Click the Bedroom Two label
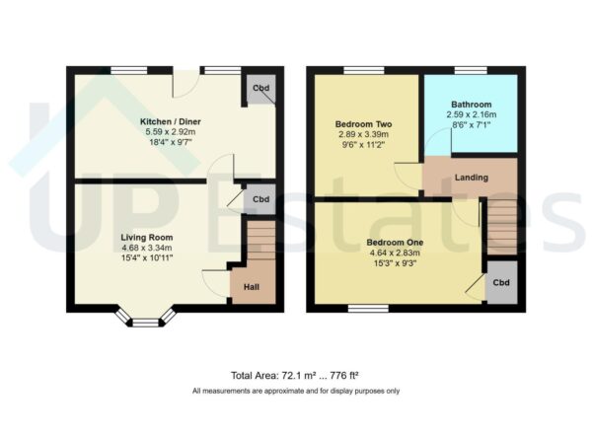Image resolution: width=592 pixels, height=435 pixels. pyautogui.click(x=363, y=124)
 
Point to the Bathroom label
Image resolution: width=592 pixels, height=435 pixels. pyautogui.click(x=471, y=105)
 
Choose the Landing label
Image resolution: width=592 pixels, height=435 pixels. pyautogui.click(x=469, y=178)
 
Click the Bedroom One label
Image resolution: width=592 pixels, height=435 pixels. pyautogui.click(x=395, y=242)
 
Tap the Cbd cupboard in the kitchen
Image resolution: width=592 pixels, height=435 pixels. pyautogui.click(x=260, y=90)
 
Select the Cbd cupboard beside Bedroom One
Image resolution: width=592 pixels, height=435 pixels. pyautogui.click(x=501, y=283)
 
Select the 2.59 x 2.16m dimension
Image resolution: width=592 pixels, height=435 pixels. pyautogui.click(x=471, y=114)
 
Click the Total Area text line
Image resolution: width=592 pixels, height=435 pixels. pyautogui.click(x=295, y=377)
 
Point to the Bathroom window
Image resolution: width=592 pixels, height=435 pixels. pyautogui.click(x=470, y=69)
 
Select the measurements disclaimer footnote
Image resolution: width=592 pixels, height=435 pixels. pyautogui.click(x=295, y=392)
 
